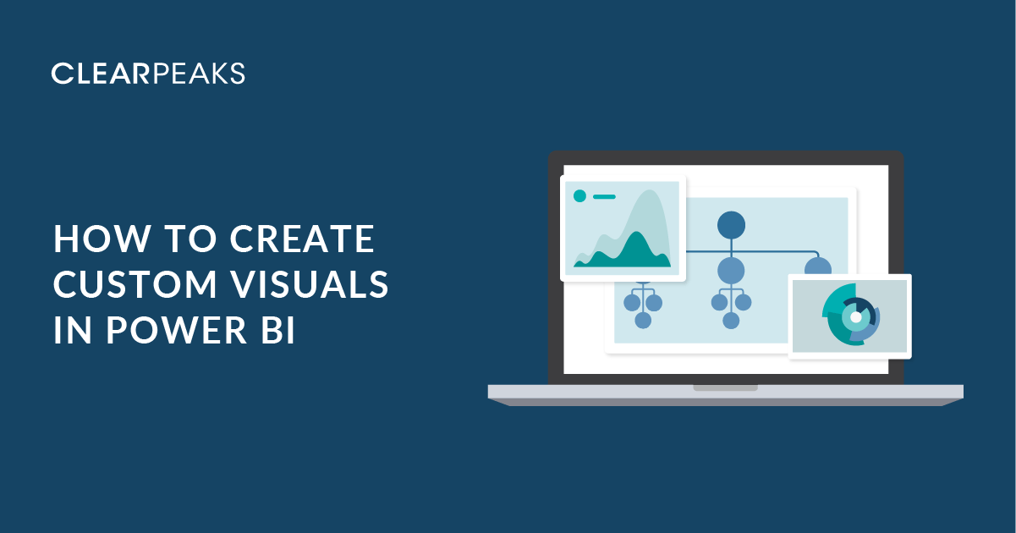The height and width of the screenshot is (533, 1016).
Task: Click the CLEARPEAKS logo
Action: tap(148, 74)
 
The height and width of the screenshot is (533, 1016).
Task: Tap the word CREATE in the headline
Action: tap(302, 239)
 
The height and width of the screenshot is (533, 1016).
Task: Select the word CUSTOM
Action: tap(135, 284)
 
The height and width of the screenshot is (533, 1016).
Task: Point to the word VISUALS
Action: tap(310, 284)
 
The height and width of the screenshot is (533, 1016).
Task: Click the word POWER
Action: tap(177, 330)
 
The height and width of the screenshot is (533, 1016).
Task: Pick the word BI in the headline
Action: tap(278, 330)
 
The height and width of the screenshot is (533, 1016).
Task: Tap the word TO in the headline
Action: tap(190, 239)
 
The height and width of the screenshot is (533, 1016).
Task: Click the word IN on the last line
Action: tap(73, 330)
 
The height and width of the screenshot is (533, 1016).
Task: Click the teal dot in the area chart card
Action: tap(579, 196)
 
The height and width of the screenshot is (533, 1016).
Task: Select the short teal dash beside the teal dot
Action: tap(604, 196)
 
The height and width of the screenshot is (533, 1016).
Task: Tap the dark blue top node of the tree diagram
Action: tap(731, 225)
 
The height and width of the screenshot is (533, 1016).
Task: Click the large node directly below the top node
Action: tap(731, 271)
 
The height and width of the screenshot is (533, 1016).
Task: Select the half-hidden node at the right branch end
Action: tap(818, 266)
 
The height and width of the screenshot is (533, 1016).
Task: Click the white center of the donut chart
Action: tap(855, 317)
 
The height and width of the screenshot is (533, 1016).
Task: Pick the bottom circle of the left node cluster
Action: tap(643, 321)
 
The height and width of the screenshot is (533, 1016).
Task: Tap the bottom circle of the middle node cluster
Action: tap(731, 321)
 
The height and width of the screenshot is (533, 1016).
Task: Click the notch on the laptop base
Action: tap(725, 387)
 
